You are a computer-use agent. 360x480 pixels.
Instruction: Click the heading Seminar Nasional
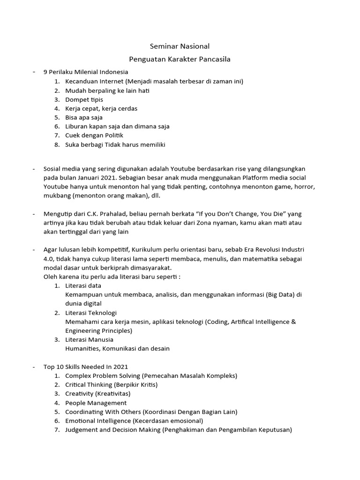(x=180, y=46)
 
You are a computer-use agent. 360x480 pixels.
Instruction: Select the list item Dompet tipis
(x=84, y=99)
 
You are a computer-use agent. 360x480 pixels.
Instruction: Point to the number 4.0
(x=50, y=259)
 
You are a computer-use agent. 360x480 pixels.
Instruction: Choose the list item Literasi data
(x=83, y=285)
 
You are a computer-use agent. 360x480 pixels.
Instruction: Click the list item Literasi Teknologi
(x=91, y=313)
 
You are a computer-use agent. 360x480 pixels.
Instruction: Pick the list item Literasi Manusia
(x=89, y=339)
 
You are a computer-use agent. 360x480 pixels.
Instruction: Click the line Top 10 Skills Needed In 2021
(x=85, y=367)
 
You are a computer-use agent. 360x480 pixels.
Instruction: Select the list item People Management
(x=96, y=403)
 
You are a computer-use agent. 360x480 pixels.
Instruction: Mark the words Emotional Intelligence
(x=98, y=420)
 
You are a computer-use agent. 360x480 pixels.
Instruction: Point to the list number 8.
(x=57, y=144)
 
